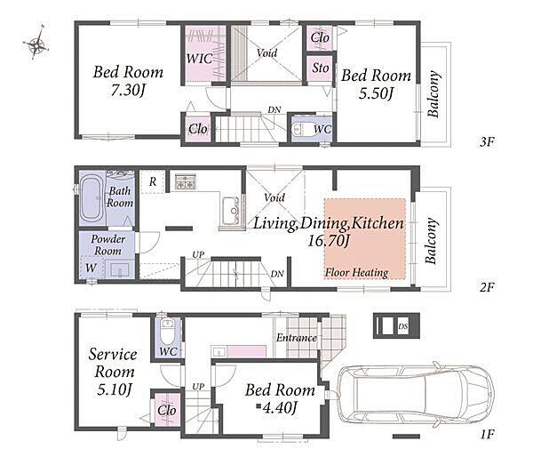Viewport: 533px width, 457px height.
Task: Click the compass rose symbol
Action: [x=36, y=44]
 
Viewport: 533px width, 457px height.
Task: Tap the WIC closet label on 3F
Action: [x=199, y=59]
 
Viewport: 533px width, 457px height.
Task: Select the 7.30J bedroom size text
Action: [x=128, y=91]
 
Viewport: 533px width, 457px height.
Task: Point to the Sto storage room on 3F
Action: [x=320, y=68]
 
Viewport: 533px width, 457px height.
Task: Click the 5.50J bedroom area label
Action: [x=376, y=92]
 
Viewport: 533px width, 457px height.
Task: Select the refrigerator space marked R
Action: [x=153, y=181]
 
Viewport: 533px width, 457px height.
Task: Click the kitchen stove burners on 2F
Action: [x=186, y=181]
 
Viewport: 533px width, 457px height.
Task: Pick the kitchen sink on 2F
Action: [x=231, y=211]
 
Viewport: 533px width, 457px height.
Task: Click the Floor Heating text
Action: [x=356, y=273]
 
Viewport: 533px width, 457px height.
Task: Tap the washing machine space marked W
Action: [x=91, y=268]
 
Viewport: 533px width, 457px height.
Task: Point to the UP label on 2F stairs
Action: [x=198, y=254]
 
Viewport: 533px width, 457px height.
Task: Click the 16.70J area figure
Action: [x=328, y=241]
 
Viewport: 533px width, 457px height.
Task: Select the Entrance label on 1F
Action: [x=297, y=338]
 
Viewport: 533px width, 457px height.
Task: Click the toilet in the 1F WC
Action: [x=167, y=331]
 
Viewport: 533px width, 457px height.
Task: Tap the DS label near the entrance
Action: [x=403, y=326]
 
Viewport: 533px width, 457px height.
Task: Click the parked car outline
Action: [x=416, y=396]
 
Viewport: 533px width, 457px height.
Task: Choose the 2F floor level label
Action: [x=487, y=287]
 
